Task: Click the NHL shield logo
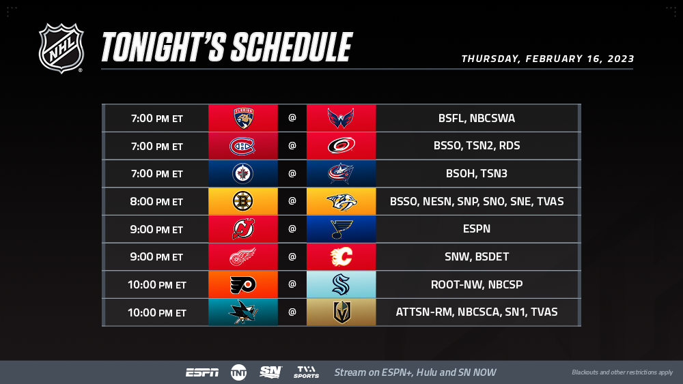61,48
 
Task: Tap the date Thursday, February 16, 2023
548,59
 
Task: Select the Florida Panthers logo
244,118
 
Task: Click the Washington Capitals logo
341,118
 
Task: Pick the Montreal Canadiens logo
242,146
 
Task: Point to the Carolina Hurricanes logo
341,146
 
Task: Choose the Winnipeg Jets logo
242,173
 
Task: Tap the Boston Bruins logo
242,201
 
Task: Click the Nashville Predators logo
341,201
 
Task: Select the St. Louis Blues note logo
341,229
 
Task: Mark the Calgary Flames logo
341,256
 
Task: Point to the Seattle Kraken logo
341,284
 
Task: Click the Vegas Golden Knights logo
342,312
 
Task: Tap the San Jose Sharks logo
243,312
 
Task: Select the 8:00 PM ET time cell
156,202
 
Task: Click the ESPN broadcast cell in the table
477,228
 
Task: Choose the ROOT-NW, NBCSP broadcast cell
477,284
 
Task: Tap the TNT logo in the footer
238,372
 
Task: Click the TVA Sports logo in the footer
306,372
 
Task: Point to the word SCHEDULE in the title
292,47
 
